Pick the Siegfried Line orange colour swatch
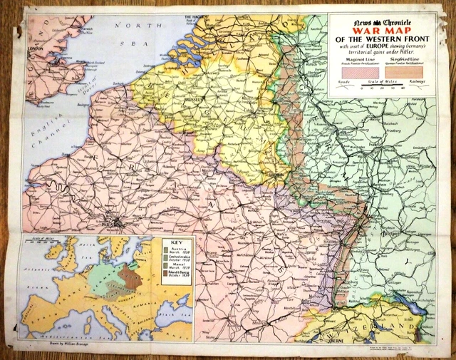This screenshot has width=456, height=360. tap(411, 71)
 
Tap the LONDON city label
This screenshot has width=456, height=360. tap(33, 49)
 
